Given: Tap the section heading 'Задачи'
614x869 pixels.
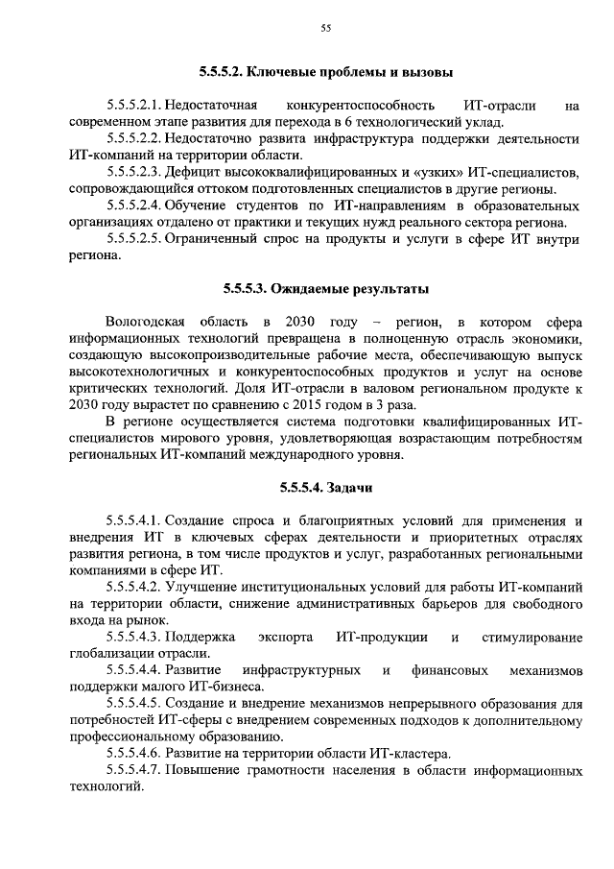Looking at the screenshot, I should point(325,487).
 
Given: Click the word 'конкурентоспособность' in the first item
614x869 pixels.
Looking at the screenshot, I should point(352,105).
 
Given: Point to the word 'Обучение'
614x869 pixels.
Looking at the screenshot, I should point(199,205).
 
